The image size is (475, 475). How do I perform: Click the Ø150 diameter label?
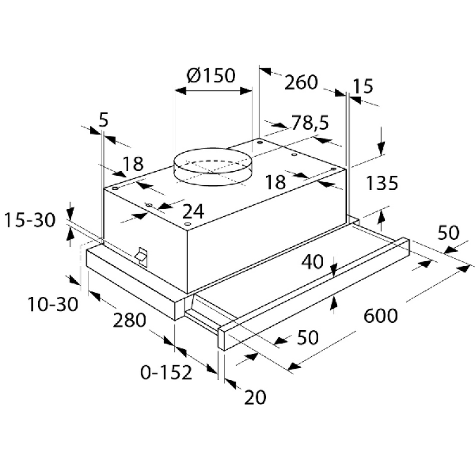pyautogui.click(x=211, y=76)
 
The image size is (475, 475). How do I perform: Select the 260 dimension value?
pyautogui.click(x=301, y=82)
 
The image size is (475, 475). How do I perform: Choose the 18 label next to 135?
pyautogui.click(x=275, y=182)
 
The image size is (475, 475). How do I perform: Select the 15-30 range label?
pyautogui.click(x=30, y=221)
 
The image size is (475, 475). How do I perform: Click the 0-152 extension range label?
pyautogui.click(x=166, y=373)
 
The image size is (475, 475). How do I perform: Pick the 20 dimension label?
pyautogui.click(x=256, y=397)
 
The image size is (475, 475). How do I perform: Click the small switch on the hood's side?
pyautogui.click(x=141, y=255)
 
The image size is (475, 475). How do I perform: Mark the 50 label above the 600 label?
pyautogui.click(x=448, y=233)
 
